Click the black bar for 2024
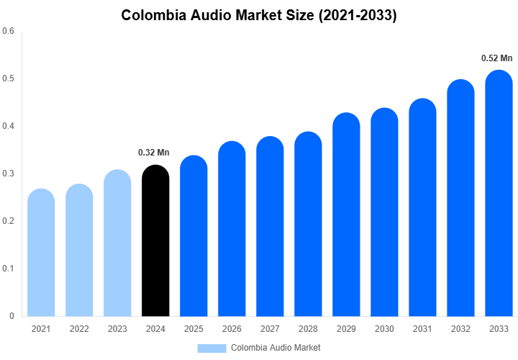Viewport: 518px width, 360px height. click(155, 241)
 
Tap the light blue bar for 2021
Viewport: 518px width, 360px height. click(41, 253)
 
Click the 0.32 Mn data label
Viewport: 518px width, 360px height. click(154, 153)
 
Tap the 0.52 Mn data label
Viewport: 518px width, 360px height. click(497, 58)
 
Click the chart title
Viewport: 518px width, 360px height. click(259, 15)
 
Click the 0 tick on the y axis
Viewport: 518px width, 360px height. click(12, 316)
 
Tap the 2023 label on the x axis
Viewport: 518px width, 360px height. click(117, 329)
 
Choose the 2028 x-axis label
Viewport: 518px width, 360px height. click(308, 329)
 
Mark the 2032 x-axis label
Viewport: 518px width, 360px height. click(460, 329)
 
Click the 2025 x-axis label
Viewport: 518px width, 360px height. click(194, 329)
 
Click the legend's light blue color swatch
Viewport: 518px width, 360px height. click(212, 348)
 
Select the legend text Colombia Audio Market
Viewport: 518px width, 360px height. click(276, 348)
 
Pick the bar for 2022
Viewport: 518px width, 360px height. click(79, 251)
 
